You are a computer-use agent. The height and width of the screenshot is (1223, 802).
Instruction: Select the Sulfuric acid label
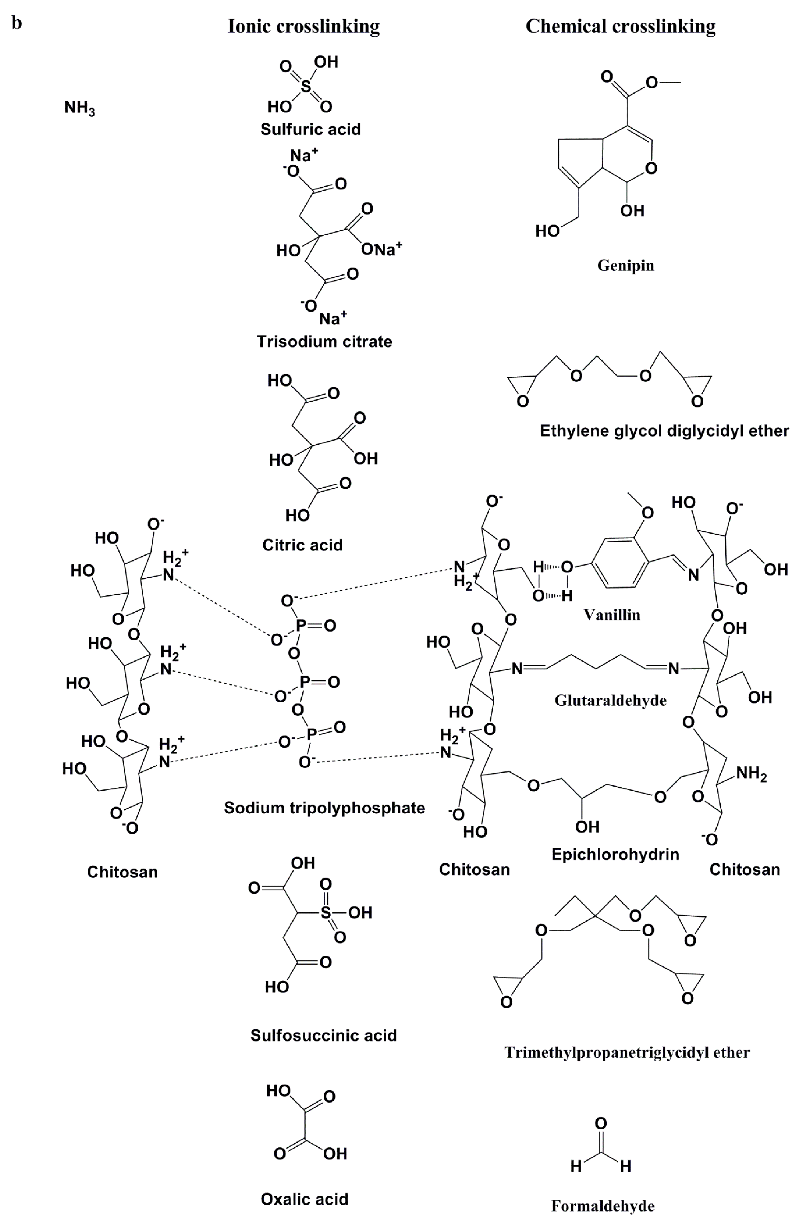click(x=310, y=129)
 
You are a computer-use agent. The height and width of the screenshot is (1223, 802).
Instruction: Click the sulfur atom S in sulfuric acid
click(x=306, y=86)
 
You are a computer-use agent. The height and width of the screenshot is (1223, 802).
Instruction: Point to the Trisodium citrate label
click(x=324, y=341)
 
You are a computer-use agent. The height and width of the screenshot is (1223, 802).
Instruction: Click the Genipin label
click(x=625, y=266)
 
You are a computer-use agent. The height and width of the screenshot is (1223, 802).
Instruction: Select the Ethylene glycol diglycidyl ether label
click(x=664, y=431)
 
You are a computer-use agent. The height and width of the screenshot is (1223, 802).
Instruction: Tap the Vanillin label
click(x=612, y=615)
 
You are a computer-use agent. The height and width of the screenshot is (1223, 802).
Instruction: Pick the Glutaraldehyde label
click(x=610, y=700)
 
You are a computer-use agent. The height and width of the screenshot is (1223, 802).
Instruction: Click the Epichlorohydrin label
click(x=615, y=854)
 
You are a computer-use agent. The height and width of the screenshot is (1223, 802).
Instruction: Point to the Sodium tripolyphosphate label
click(x=324, y=808)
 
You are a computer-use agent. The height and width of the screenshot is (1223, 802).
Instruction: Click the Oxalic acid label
click(x=304, y=1199)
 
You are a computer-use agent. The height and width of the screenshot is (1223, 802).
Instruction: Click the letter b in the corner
click(x=17, y=23)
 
